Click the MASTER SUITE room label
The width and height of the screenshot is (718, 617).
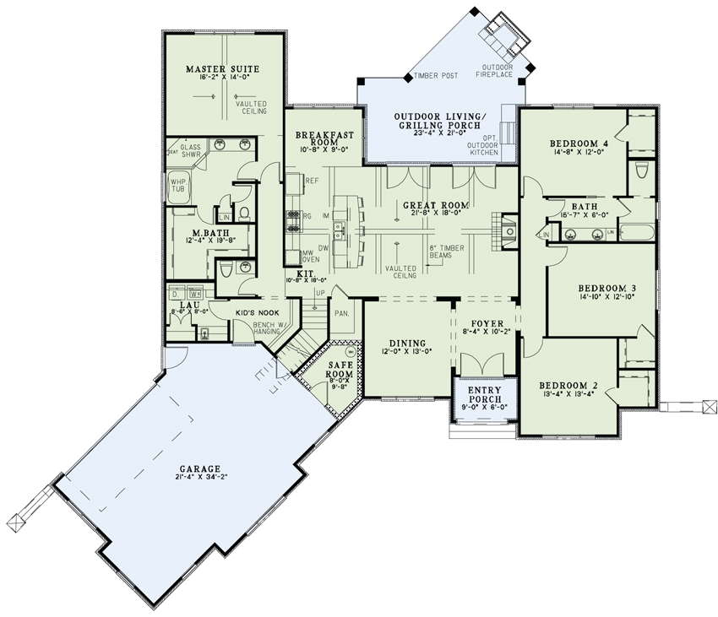coord(223,68)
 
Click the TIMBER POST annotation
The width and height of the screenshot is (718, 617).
coord(436,76)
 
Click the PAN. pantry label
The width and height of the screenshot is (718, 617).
coord(343,313)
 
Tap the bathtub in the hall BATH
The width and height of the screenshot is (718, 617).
coord(639,230)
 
